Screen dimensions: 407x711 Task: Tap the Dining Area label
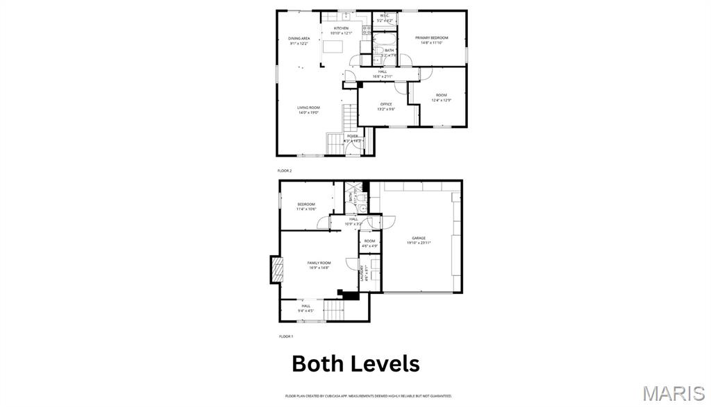[x=299, y=39]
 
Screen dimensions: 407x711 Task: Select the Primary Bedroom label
[x=431, y=37]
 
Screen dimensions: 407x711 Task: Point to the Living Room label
[x=308, y=107]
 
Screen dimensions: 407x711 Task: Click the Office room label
[x=385, y=105]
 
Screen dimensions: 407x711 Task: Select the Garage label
[x=419, y=238]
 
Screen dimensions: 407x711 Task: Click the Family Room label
[x=319, y=263]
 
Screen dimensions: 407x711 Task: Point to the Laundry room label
[x=362, y=273]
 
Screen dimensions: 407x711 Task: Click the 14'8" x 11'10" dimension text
[x=431, y=42]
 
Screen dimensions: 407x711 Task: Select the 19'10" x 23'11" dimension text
[x=419, y=243]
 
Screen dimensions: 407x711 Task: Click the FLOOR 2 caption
[x=285, y=170]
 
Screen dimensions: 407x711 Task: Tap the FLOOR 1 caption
[x=286, y=336]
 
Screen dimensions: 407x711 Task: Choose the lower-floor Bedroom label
[x=306, y=205]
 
